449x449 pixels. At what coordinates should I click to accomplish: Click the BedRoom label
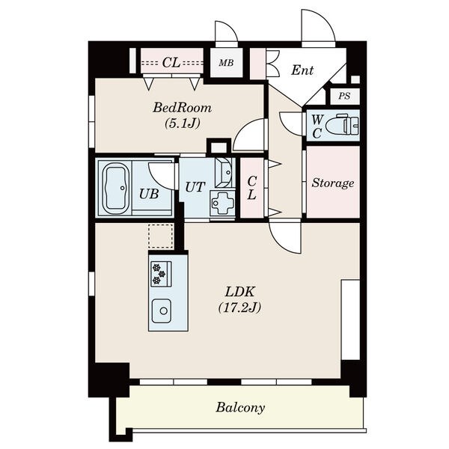point(183,108)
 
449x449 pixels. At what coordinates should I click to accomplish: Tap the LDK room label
point(239,292)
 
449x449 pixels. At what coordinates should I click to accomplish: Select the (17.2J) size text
point(239,308)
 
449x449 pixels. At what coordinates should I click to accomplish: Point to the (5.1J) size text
point(182,123)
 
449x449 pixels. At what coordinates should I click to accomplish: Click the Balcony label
point(240,408)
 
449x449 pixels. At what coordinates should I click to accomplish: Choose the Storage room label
point(333,183)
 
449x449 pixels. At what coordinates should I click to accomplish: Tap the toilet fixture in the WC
point(343,125)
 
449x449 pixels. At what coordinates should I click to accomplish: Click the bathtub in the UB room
point(114,189)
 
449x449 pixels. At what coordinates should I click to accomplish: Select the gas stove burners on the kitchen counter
point(161,274)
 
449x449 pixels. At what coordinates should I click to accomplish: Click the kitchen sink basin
point(162,311)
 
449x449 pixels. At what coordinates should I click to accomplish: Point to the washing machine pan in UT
point(223,204)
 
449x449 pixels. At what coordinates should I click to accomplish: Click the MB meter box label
point(226,63)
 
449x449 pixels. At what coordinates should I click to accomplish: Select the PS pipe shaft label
point(344,96)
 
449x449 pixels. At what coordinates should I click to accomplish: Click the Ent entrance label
point(302,70)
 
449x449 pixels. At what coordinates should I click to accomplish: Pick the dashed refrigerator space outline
point(161,236)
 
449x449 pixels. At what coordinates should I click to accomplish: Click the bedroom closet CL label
point(171,62)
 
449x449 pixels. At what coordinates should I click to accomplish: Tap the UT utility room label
point(195,187)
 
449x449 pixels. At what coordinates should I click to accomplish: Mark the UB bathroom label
point(149,194)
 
